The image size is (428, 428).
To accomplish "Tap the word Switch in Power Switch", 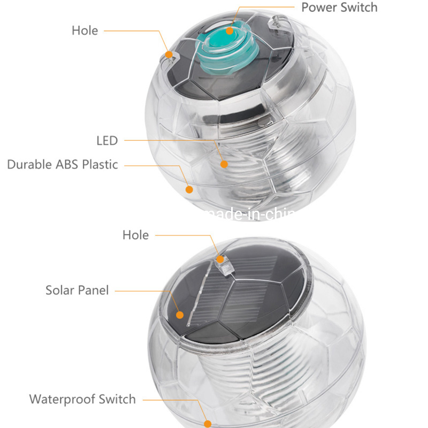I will [x=360, y=7].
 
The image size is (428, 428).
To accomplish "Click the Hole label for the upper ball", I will [x=85, y=30].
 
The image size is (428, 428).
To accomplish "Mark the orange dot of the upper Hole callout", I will [x=169, y=55].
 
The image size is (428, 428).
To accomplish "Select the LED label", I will [x=106, y=141].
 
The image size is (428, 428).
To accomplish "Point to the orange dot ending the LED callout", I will [x=224, y=164].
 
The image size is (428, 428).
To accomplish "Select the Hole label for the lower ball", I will [x=135, y=235].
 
